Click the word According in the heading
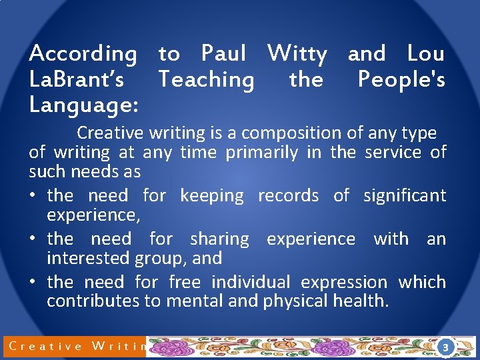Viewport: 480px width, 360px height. tap(83, 53)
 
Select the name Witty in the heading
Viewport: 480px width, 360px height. tap(297, 53)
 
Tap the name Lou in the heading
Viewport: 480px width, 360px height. tap(425, 53)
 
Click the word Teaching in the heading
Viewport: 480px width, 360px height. tap(206, 80)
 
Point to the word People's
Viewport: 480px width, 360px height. tap(401, 80)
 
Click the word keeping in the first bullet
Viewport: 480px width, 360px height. tap(212, 195)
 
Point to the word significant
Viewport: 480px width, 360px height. tap(405, 195)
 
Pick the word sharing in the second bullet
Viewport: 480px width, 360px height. tap(219, 239)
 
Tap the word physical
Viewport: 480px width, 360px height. tap(297, 301)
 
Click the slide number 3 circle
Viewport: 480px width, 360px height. tap(445, 347)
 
